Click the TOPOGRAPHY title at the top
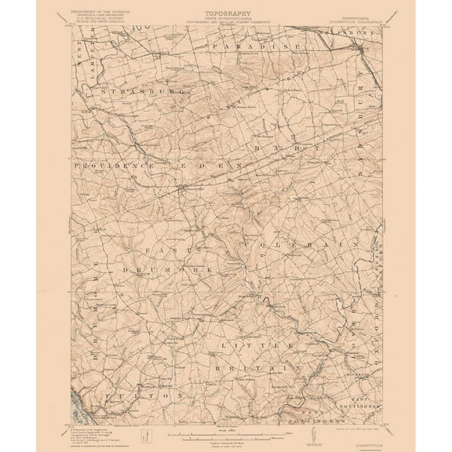point(224,14)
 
